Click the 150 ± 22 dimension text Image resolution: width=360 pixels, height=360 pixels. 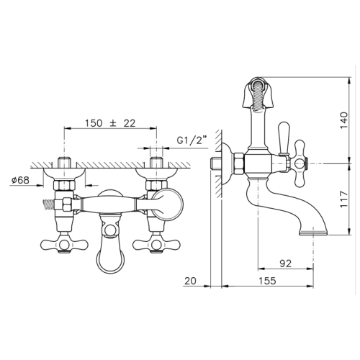110,123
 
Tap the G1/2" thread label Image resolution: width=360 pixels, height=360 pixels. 192,140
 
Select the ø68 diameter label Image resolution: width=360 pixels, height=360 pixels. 20,180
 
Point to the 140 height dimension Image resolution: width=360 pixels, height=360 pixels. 343,120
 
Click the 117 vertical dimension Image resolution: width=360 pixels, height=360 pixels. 343,199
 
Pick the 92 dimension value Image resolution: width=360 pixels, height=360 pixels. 286,264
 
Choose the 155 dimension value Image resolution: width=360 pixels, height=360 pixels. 267,281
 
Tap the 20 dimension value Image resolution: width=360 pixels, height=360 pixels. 191,281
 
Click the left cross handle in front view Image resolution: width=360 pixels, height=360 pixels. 64,245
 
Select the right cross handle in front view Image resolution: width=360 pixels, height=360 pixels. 156,245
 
